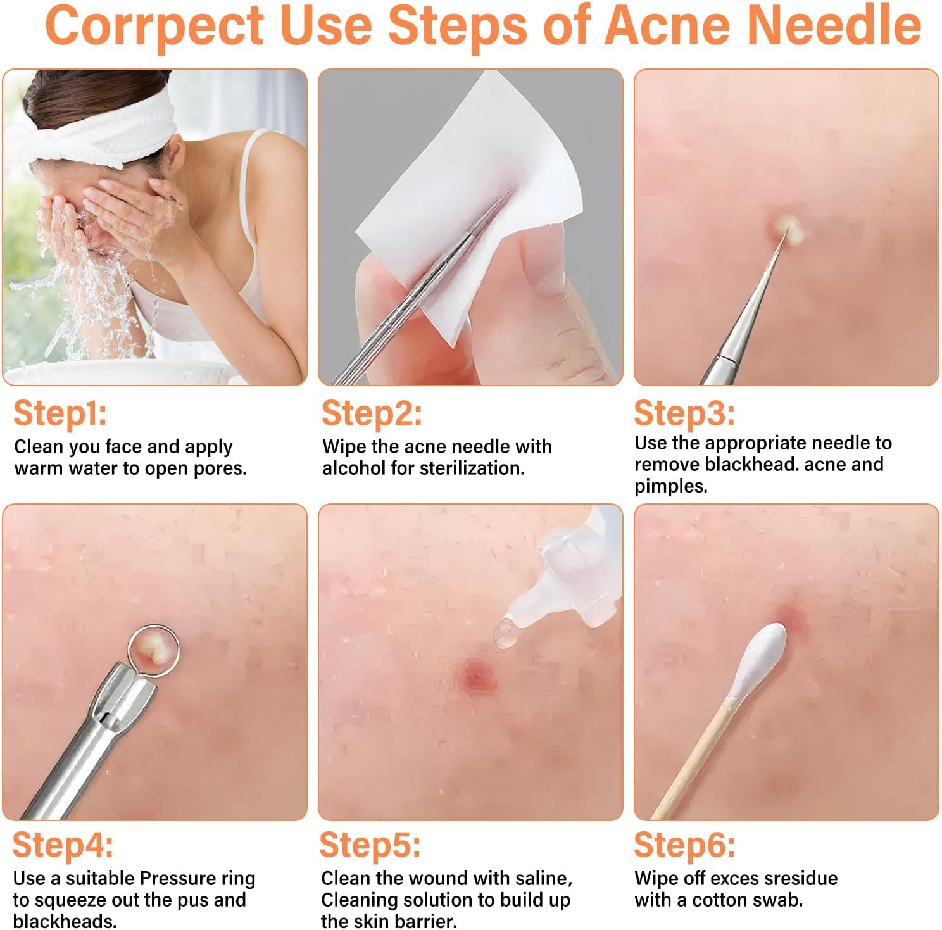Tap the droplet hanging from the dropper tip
pyautogui.click(x=505, y=633)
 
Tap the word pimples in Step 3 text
pyautogui.click(x=670, y=486)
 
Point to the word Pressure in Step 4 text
pyautogui.click(x=178, y=878)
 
